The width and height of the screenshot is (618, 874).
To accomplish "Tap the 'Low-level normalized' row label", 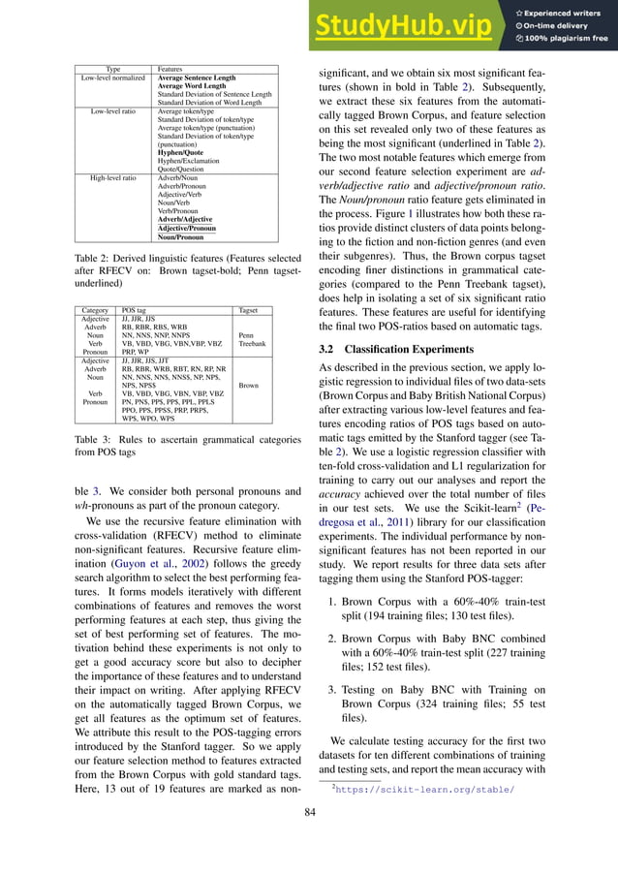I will (x=112, y=78).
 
